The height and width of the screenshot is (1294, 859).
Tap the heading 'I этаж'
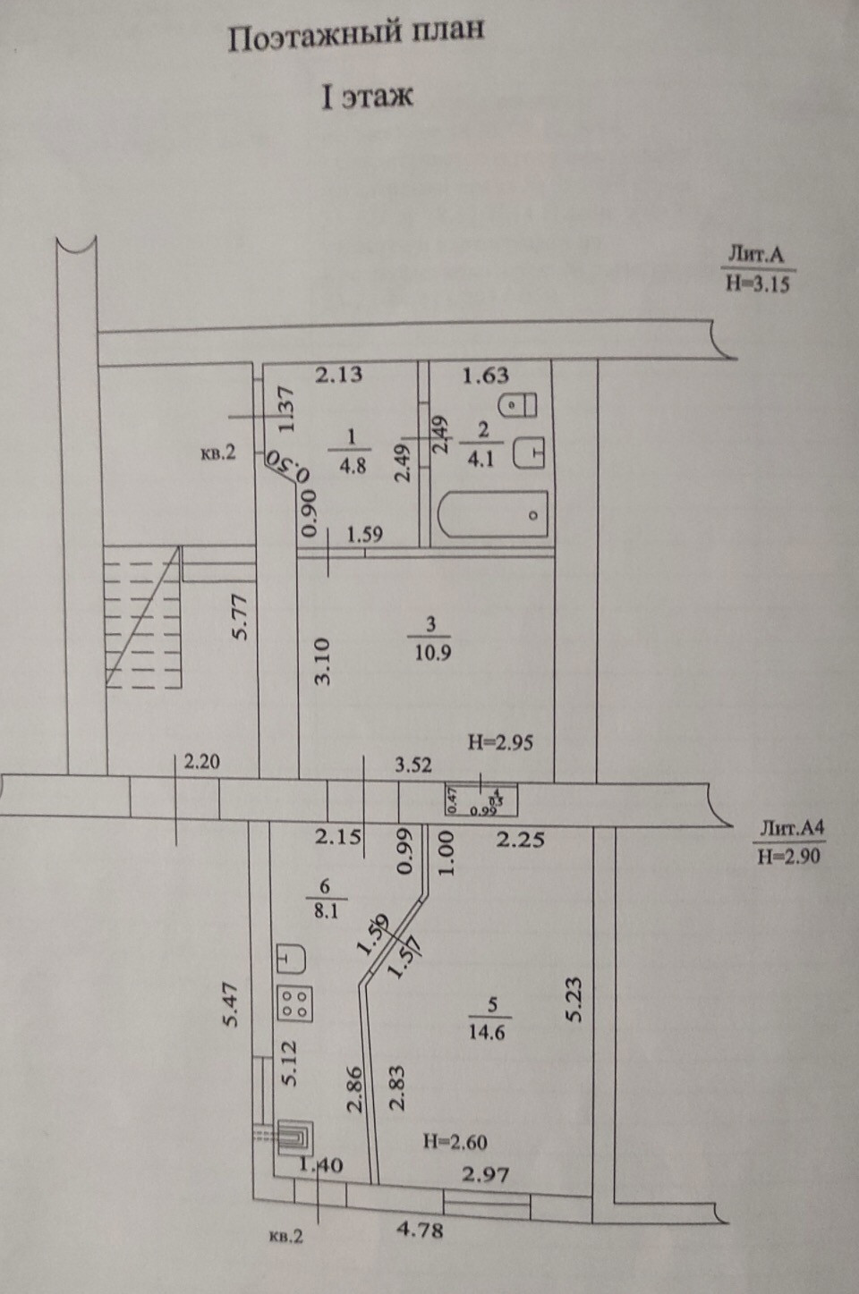tap(367, 96)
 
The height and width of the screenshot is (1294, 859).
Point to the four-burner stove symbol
tap(296, 1002)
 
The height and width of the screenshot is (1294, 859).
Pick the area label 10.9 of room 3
tap(432, 652)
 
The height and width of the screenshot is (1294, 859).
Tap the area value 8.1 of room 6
tap(325, 914)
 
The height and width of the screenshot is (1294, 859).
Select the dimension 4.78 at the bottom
tap(419, 1231)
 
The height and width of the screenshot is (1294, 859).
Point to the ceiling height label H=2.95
tap(502, 741)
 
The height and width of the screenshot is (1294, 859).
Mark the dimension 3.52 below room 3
tap(414, 765)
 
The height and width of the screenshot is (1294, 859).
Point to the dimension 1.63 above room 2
tap(486, 376)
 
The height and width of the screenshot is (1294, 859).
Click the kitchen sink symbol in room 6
tap(291, 959)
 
